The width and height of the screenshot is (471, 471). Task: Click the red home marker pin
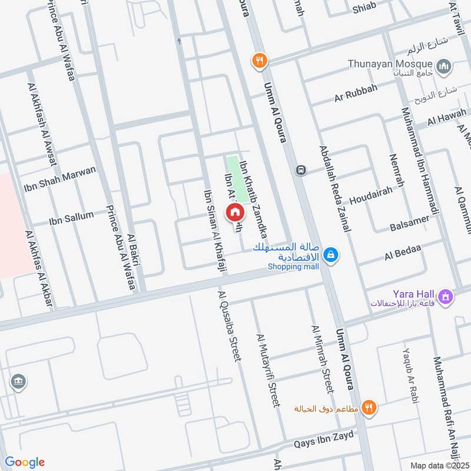[234, 212]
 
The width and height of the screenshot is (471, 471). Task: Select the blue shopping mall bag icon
[331, 254]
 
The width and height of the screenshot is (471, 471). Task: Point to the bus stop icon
[301, 170]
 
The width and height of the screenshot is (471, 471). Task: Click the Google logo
[25, 462]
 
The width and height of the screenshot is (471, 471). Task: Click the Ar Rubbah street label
[356, 94]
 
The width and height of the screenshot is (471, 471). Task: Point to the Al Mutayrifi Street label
[267, 370]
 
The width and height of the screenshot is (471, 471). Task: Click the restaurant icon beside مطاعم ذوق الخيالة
[369, 407]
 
